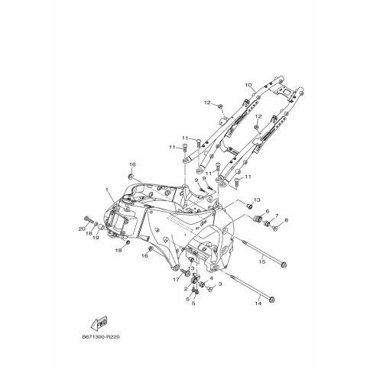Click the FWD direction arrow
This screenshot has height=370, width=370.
99,323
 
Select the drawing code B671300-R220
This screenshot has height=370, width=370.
101,337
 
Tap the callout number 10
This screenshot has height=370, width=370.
248,85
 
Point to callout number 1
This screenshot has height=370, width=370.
107,190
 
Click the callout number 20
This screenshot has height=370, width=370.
82,229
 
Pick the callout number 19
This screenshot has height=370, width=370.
96,238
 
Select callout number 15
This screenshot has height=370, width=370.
262,261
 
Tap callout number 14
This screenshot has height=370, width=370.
258,303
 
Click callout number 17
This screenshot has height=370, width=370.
176,280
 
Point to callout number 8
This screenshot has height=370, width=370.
286,220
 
